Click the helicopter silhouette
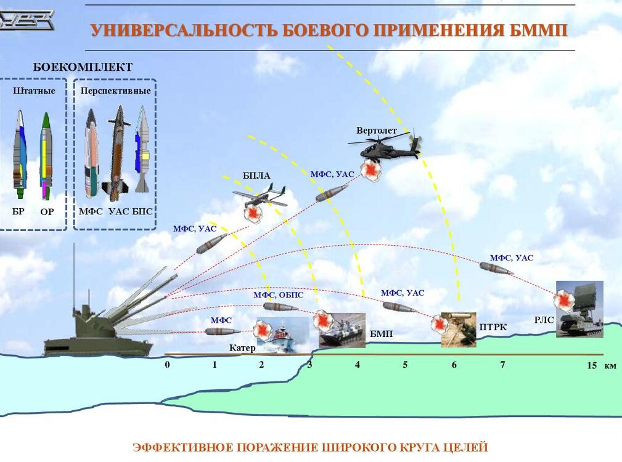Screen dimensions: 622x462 [385, 146]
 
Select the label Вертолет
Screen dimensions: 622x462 [376, 131]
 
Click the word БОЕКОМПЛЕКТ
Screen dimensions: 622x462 [83, 67]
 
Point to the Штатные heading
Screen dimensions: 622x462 [34, 91]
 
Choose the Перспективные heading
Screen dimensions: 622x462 [115, 91]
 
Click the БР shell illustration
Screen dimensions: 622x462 [20, 154]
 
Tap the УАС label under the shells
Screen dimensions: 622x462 [118, 211]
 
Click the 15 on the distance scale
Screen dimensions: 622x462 [591, 365]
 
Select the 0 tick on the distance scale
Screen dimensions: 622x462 [168, 365]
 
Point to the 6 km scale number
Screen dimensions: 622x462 [454, 365]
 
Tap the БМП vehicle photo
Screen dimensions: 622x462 [342, 330]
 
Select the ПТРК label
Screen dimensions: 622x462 [493, 327]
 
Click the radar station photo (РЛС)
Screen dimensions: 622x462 [579, 309]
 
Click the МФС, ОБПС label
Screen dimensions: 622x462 [279, 295]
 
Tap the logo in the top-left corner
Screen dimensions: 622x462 [27, 20]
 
